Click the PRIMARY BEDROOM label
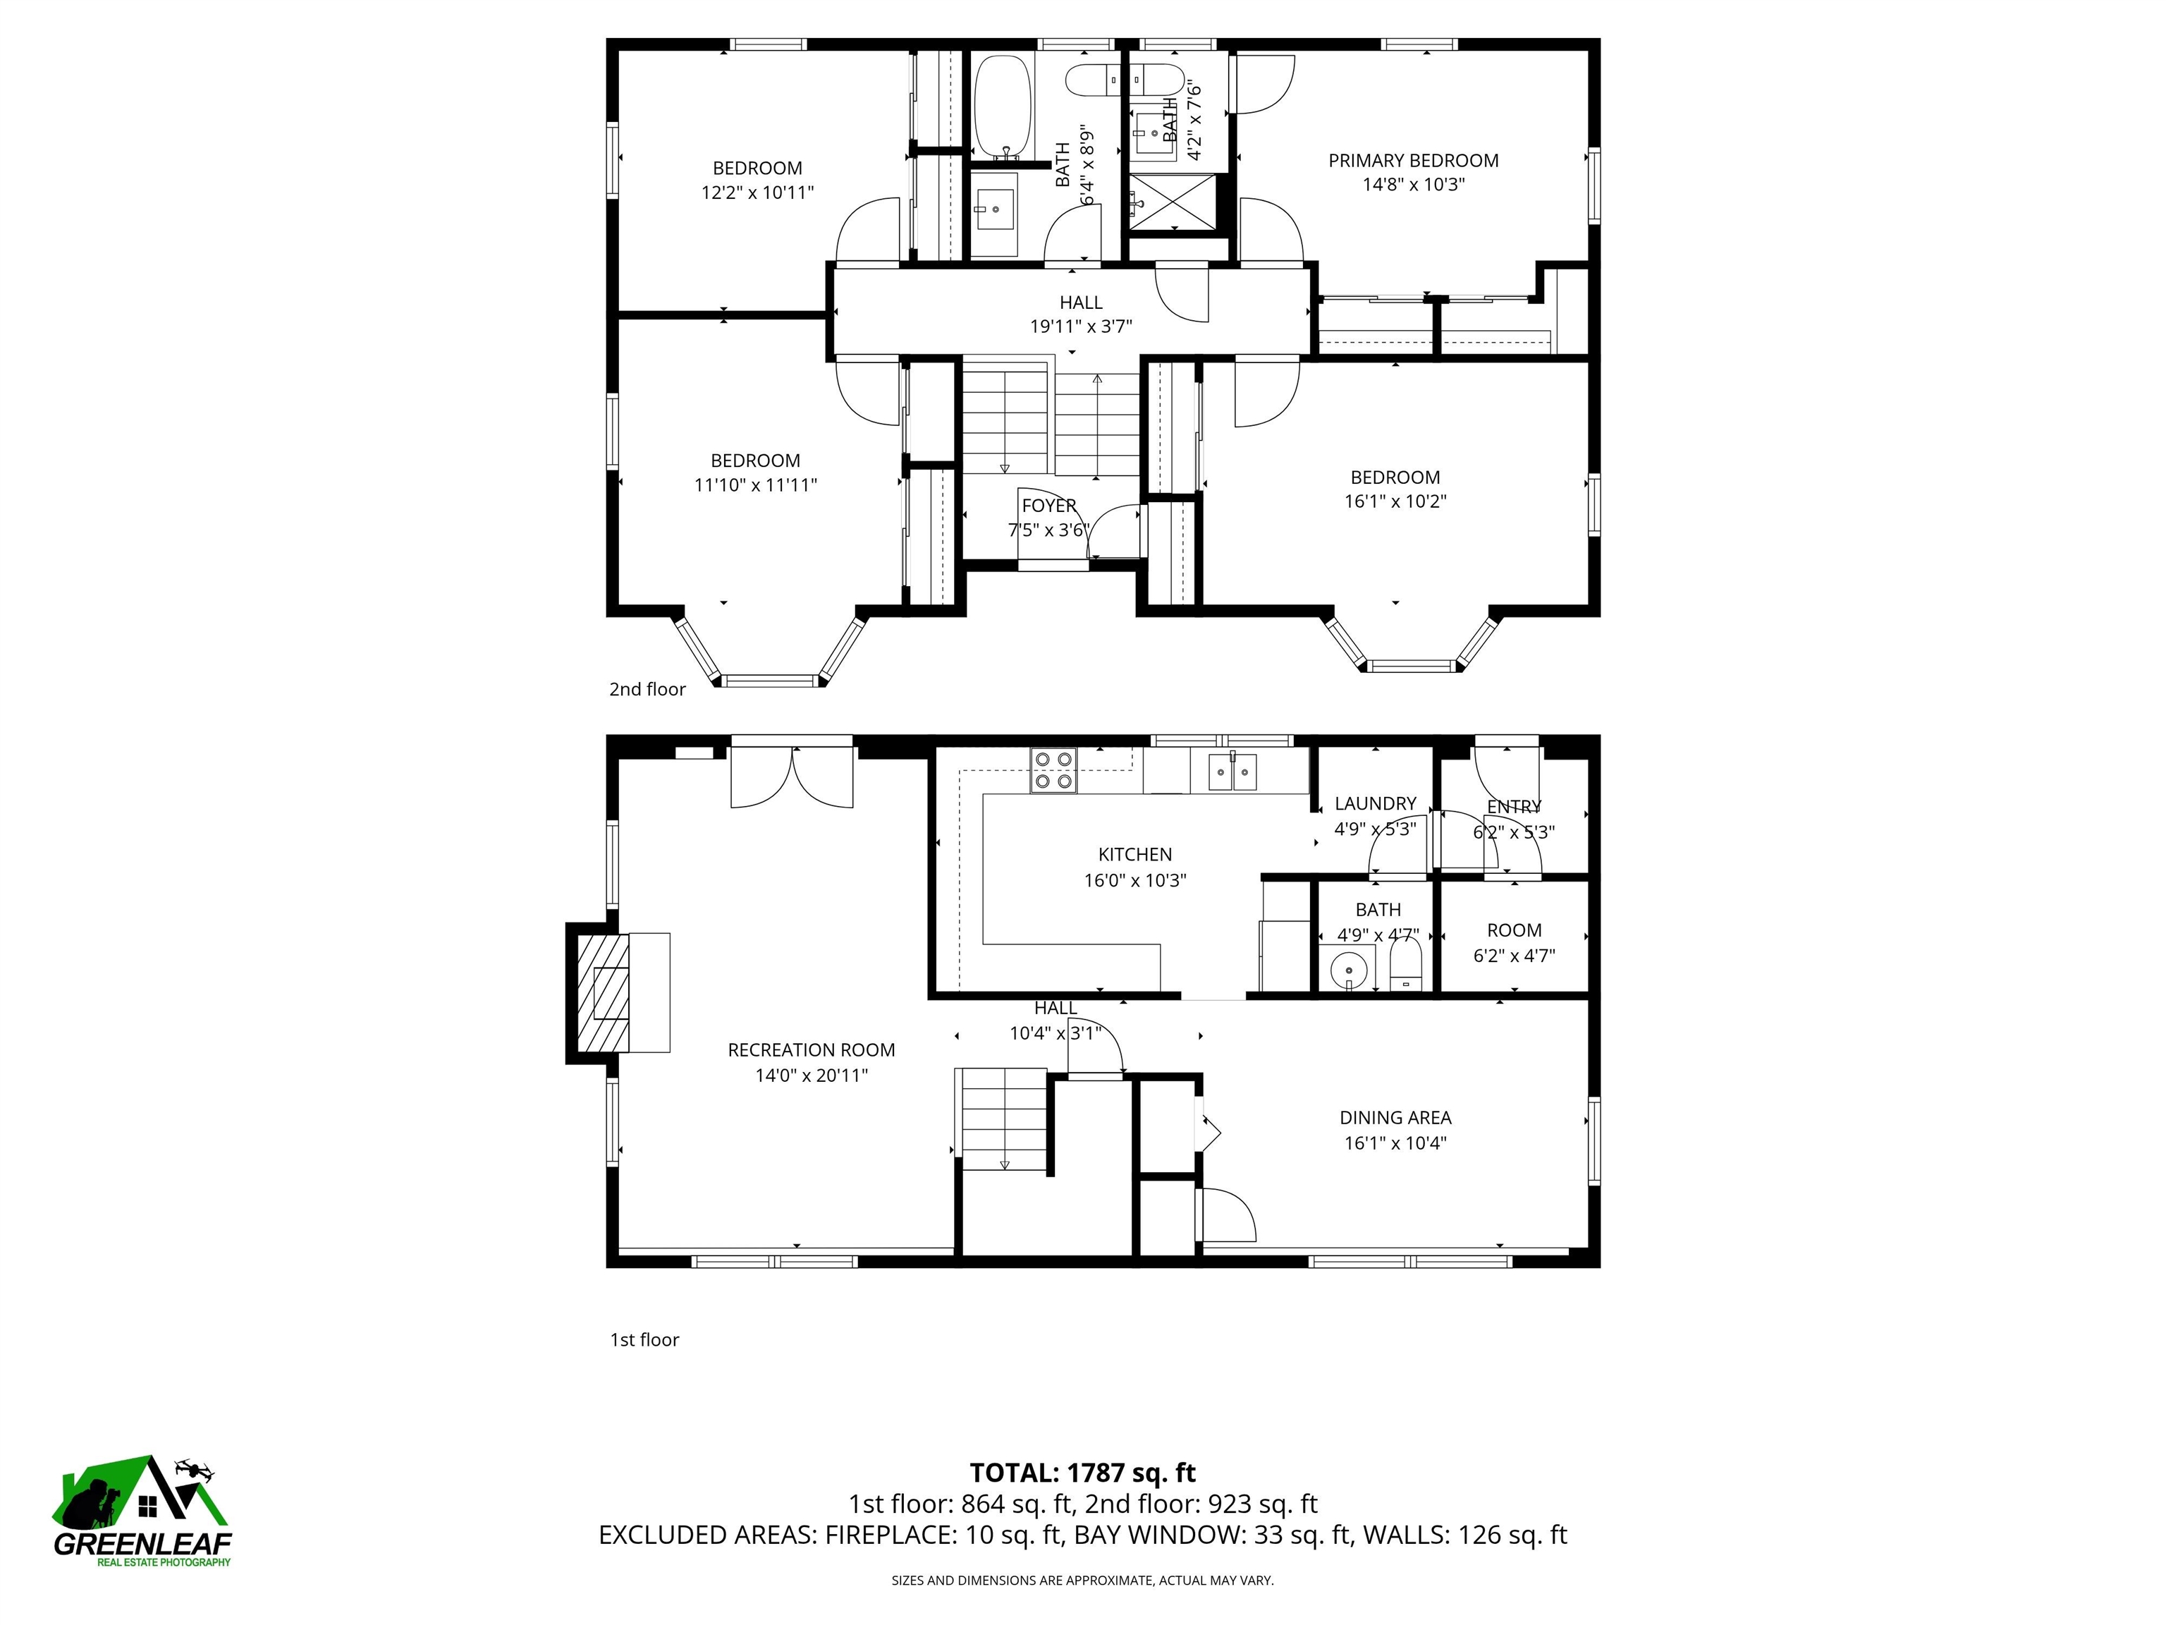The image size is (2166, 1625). [x=1412, y=161]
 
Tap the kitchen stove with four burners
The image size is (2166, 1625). [x=1053, y=770]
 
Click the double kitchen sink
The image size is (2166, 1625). [x=1232, y=771]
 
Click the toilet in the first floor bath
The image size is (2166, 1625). [x=1405, y=965]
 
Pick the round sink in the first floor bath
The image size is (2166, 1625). [x=1350, y=970]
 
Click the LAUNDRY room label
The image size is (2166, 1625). [x=1375, y=803]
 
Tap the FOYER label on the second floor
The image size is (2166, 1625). [x=1048, y=506]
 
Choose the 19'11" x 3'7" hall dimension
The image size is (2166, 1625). [x=1080, y=326]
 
